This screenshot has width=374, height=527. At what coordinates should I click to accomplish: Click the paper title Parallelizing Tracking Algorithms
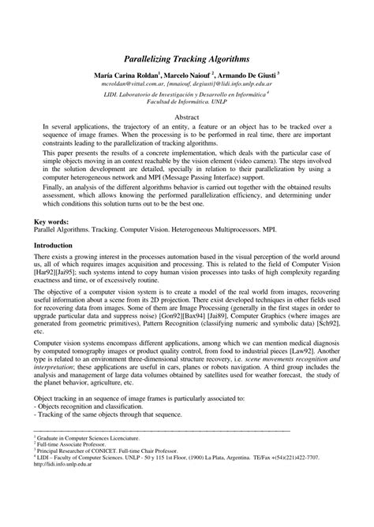[186, 58]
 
